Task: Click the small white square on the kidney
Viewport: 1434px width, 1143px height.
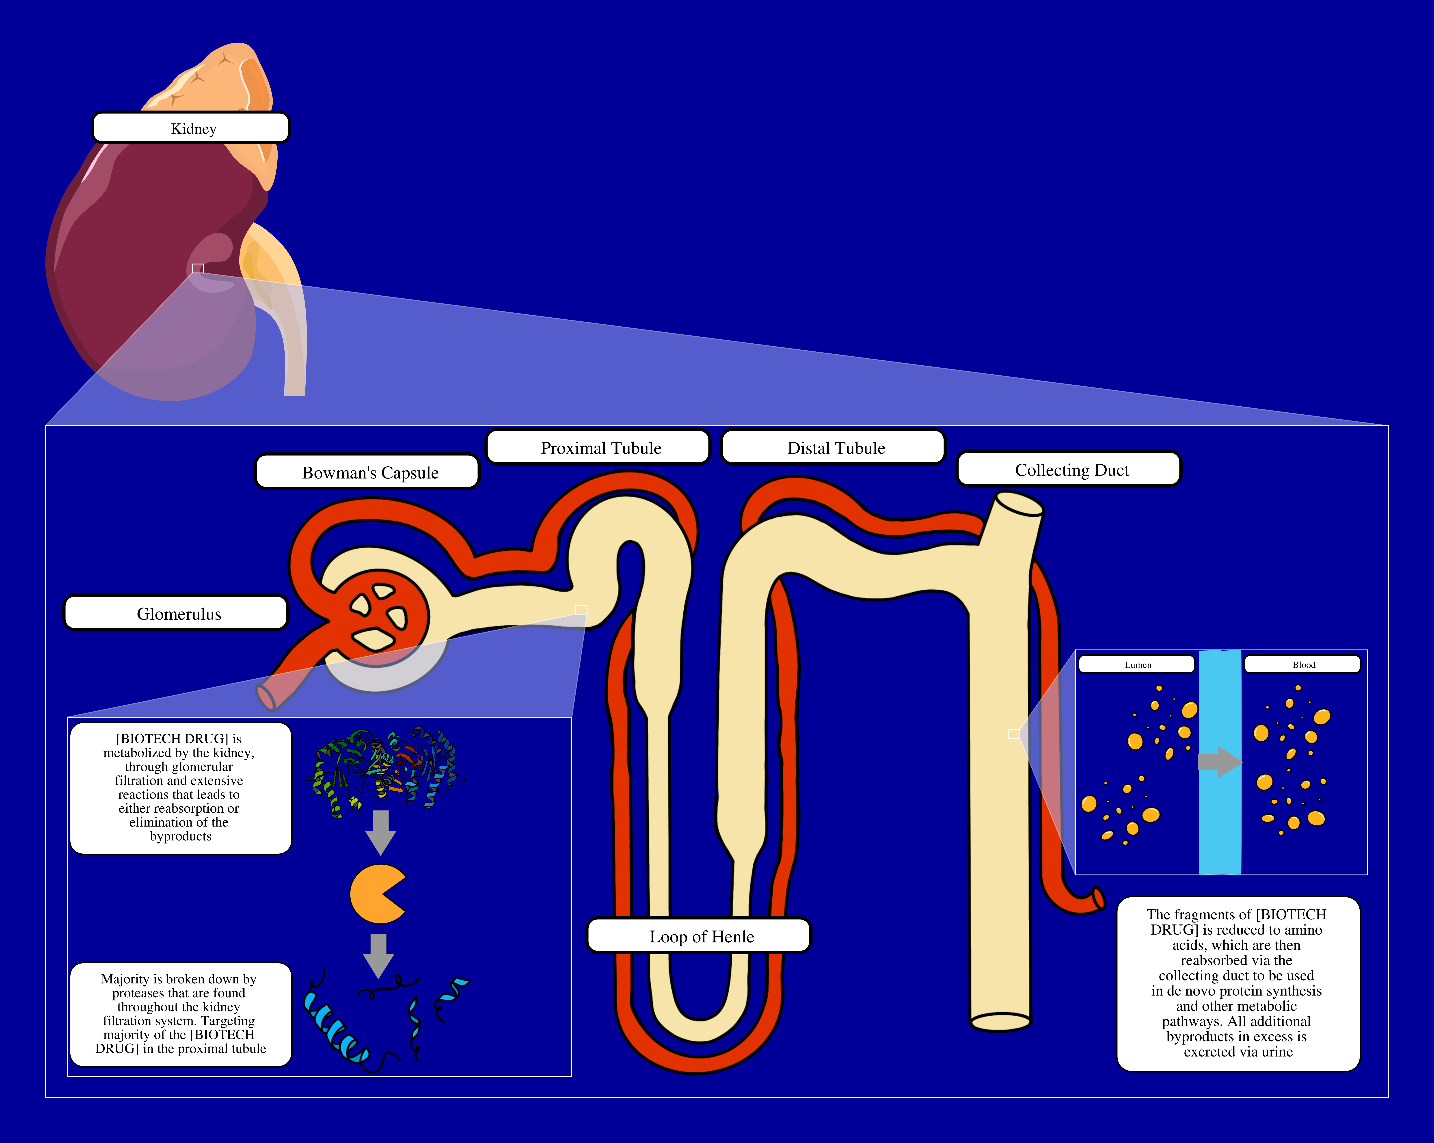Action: (198, 268)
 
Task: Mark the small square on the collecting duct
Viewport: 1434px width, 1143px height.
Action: (1014, 734)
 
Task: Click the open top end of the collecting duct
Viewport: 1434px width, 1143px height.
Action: (1018, 504)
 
